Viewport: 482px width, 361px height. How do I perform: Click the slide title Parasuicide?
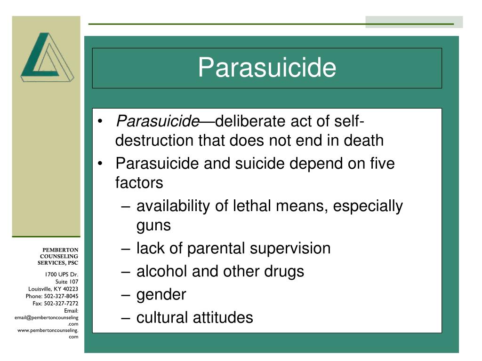(267, 68)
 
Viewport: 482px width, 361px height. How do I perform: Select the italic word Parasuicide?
(157, 122)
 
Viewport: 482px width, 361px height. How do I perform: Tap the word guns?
(153, 225)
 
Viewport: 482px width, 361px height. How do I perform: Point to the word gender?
(161, 295)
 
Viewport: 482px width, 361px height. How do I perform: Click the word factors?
(139, 182)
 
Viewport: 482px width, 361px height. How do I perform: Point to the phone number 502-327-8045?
(61, 296)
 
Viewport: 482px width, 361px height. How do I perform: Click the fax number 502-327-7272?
(61, 303)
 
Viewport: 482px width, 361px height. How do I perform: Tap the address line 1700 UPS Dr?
(62, 275)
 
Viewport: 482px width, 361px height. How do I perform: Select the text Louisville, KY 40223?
(53, 289)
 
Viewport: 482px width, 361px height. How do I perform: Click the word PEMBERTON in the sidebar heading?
(61, 250)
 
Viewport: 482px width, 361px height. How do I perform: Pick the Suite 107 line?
(67, 282)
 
